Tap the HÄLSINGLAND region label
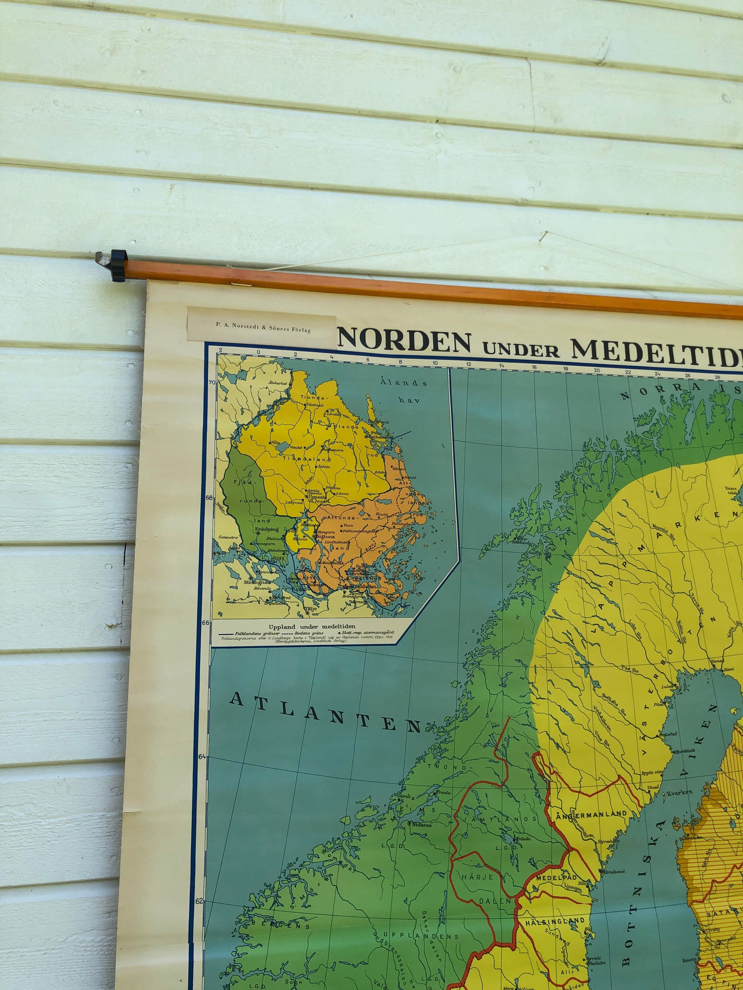tap(555, 921)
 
